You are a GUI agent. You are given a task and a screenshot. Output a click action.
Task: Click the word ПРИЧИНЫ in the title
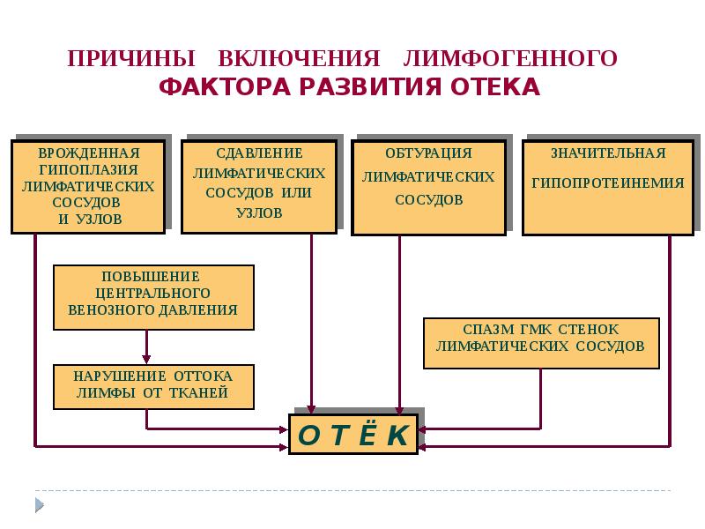[132, 59]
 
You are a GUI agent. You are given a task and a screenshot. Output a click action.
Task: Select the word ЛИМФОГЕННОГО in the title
[510, 59]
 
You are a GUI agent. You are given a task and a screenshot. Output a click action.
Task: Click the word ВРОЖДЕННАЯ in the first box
[89, 153]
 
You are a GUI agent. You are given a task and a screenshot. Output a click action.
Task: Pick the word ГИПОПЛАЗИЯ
[89, 170]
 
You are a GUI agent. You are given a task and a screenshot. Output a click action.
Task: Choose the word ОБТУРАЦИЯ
[429, 153]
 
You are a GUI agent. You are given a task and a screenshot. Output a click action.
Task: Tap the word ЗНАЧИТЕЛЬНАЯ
[608, 153]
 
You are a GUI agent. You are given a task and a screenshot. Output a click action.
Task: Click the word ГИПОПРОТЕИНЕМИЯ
[608, 183]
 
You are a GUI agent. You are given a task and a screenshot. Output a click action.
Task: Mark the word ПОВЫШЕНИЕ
[153, 276]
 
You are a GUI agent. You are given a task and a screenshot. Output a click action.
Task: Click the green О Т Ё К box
[352, 436]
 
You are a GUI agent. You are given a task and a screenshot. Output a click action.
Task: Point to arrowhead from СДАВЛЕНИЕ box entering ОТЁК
[311, 409]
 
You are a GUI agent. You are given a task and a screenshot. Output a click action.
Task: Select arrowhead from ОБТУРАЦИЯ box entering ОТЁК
[400, 409]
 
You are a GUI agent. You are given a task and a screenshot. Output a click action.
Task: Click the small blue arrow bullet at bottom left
[39, 504]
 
